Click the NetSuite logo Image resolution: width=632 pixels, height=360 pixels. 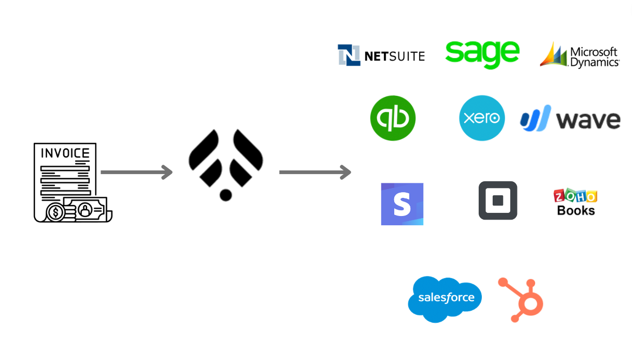pos(381,55)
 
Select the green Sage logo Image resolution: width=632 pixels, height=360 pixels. pos(482,53)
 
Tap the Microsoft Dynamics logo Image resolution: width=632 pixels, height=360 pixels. pos(580,55)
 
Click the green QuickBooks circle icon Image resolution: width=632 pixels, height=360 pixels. pos(393,118)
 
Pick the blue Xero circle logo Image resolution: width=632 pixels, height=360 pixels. pos(482,118)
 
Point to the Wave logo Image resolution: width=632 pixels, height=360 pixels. pos(570,119)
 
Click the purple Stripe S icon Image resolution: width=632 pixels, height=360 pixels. pos(402,204)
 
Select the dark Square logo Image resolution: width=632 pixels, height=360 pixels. pos(498,200)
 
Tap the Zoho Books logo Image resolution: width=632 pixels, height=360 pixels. pos(576,203)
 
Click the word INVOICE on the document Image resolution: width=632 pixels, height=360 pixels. pos(65,153)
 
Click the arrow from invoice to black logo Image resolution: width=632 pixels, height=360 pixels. pos(136,172)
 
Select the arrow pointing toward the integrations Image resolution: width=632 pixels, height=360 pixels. pos(315,172)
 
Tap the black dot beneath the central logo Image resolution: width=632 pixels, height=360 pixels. pos(225,195)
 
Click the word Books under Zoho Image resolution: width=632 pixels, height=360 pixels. pos(576,210)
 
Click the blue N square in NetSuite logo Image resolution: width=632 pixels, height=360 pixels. pos(349,55)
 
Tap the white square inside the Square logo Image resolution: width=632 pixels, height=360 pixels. pos(498,200)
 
